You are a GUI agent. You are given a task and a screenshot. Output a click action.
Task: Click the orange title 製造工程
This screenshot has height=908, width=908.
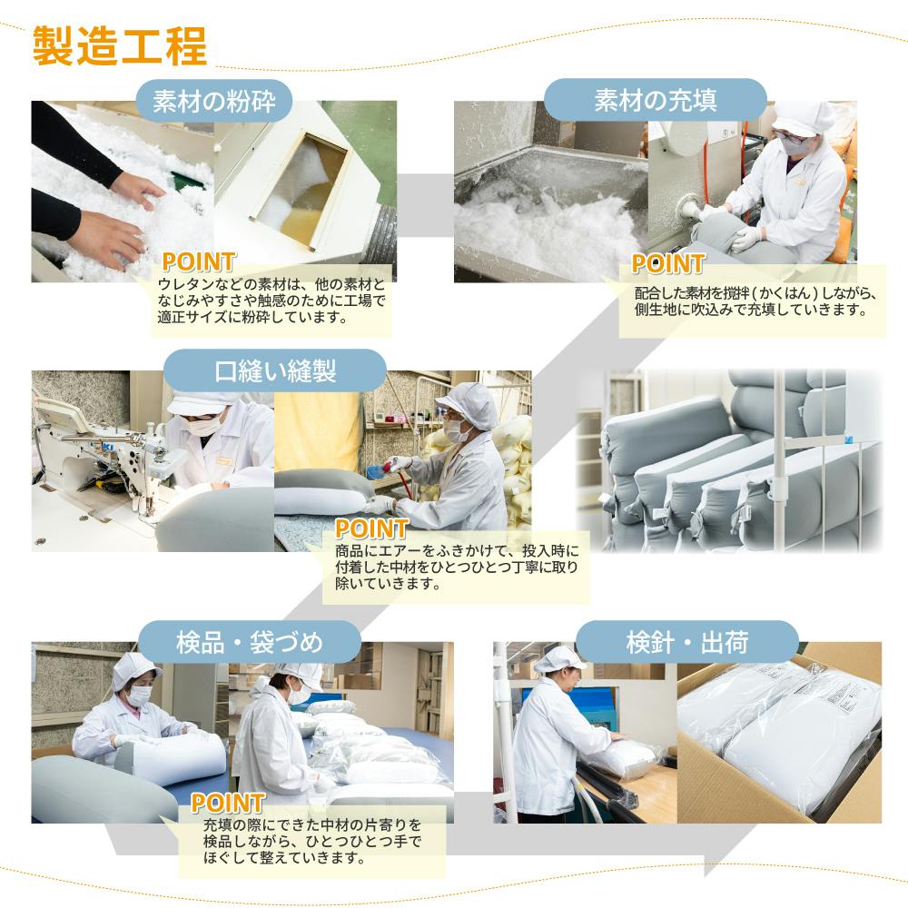point(119,45)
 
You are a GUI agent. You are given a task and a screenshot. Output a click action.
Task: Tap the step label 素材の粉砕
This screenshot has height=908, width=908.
point(214,101)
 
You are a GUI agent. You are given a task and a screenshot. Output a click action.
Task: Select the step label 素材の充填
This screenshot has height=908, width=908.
point(656,100)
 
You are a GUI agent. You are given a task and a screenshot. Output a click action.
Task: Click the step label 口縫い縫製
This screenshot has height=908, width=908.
point(275,370)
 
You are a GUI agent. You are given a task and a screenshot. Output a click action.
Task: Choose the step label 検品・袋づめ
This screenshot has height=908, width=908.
point(250,642)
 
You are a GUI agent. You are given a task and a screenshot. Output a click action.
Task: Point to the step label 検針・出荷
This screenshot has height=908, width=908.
point(687,642)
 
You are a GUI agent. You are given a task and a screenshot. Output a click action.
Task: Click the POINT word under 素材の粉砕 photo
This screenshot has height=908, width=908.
point(199,262)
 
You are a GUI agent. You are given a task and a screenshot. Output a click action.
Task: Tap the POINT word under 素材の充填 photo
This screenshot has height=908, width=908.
point(667,263)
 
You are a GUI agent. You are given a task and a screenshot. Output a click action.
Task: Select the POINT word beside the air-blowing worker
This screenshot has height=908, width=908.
point(371,528)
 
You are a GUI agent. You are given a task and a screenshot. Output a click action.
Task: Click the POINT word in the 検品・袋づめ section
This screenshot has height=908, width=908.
point(228,804)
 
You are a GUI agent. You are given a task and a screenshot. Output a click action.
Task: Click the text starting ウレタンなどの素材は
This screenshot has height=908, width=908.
point(271,301)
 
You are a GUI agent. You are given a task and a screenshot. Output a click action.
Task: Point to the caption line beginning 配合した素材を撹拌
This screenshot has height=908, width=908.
point(755,293)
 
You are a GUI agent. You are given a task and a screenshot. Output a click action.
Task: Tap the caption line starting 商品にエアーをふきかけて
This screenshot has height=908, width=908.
point(457,550)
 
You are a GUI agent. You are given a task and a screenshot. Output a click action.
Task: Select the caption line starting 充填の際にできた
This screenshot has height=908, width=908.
point(312,824)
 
